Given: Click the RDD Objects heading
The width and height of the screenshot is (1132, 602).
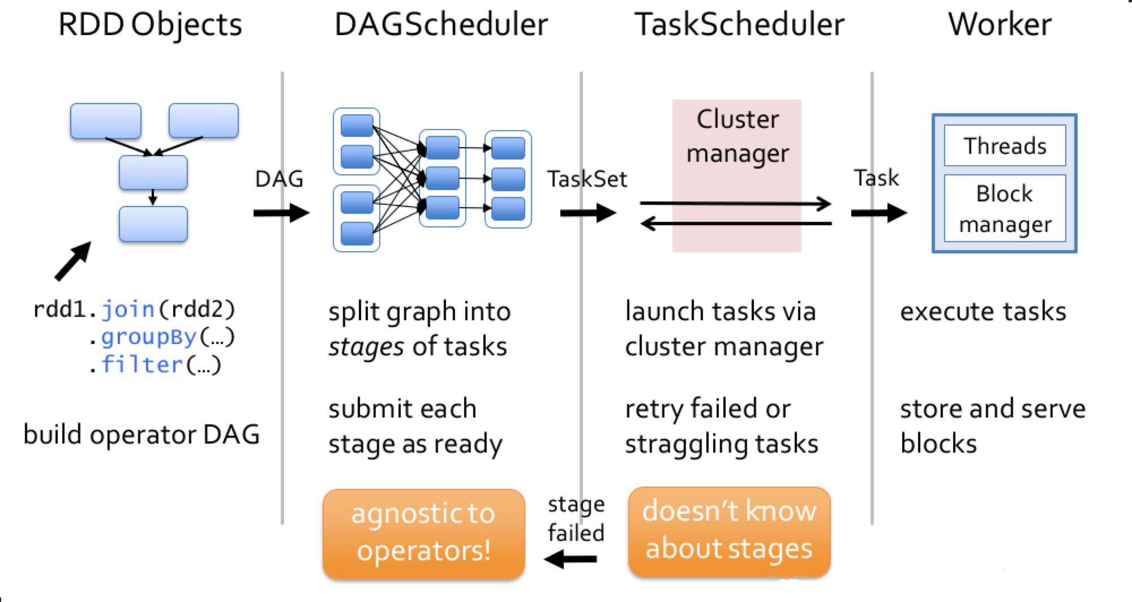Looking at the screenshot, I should [x=150, y=25].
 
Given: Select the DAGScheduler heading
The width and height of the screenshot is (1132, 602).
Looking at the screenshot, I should [x=441, y=25].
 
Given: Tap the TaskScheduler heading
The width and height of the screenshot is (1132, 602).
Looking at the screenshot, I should [x=739, y=25].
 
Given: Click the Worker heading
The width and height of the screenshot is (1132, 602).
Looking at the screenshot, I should [x=1000, y=25].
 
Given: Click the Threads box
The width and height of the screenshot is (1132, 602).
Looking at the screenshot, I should [x=1005, y=146].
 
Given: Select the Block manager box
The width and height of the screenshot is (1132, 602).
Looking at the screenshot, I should [x=1005, y=209].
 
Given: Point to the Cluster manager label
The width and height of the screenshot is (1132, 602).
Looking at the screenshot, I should [x=737, y=136].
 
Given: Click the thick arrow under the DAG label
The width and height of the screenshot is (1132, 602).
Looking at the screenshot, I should [x=281, y=213].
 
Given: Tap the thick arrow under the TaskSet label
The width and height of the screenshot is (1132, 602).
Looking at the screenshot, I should [x=588, y=213].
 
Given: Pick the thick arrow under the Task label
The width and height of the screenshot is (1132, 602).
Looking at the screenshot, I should [x=878, y=213].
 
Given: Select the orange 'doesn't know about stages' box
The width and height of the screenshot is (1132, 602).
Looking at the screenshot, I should [x=729, y=530].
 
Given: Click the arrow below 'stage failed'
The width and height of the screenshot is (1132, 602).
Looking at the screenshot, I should [x=571, y=560].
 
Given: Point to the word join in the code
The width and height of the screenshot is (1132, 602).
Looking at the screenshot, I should [x=128, y=309].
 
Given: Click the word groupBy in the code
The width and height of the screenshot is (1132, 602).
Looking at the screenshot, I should [x=148, y=337].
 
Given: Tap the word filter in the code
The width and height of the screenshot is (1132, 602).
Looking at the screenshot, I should [x=142, y=364].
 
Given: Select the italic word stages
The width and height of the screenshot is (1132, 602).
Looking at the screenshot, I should [x=366, y=346].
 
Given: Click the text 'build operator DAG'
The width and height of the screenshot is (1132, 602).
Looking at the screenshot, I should [x=141, y=435].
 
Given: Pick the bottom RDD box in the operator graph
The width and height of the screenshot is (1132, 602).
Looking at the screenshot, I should [x=153, y=224].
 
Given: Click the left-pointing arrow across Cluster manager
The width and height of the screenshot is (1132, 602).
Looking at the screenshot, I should [x=736, y=224].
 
